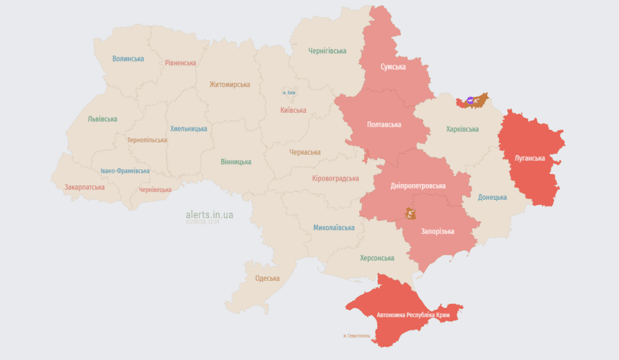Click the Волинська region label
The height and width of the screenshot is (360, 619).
click(128, 59)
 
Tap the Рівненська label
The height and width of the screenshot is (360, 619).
click(181, 63)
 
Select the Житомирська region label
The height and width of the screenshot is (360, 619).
click(230, 85)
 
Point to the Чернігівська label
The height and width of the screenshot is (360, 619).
click(327, 51)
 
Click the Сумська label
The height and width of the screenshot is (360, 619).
click(393, 66)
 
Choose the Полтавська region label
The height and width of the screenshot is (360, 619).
click(384, 124)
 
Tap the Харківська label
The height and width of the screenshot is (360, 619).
click(462, 129)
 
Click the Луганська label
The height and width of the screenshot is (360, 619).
click(530, 158)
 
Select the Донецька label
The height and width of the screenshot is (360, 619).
click(493, 198)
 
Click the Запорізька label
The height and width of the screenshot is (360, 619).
click(438, 231)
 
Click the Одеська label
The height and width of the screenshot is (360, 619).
click(267, 278)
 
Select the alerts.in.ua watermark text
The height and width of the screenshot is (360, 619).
click(210, 214)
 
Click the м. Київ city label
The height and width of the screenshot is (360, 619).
click(290, 92)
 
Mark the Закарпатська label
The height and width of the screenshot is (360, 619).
click(85, 187)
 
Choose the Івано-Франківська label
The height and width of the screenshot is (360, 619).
click(125, 171)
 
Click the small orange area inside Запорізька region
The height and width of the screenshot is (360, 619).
click(411, 214)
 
